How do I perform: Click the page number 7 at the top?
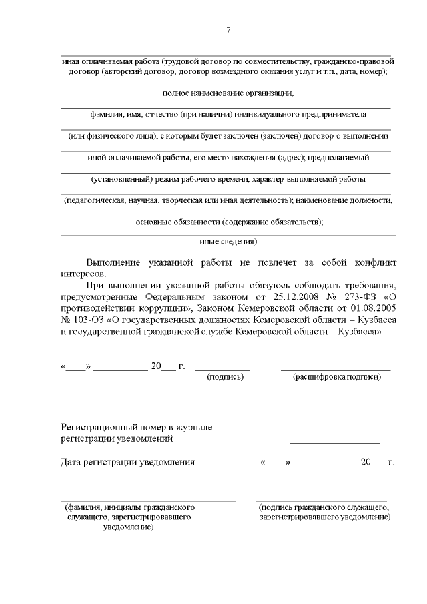pos(228,30)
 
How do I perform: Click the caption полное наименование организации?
pos(228,93)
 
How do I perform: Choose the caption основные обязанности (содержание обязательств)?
pos(229,222)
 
